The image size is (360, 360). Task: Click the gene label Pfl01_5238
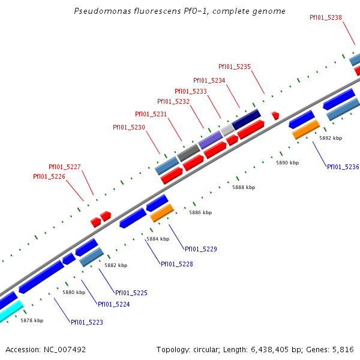click(x=326, y=17)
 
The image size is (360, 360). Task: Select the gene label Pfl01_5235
click(x=235, y=67)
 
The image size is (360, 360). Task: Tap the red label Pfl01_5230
click(x=129, y=127)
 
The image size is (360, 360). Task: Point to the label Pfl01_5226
click(x=49, y=176)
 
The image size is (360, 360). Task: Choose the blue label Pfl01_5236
click(x=343, y=167)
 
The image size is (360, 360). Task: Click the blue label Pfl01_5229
click(x=200, y=249)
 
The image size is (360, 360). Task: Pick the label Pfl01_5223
click(x=87, y=322)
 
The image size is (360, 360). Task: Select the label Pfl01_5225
click(x=131, y=293)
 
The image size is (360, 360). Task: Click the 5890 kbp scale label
click(x=287, y=163)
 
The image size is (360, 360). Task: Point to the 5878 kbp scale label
click(x=32, y=320)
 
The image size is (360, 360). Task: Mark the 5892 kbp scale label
click(x=331, y=138)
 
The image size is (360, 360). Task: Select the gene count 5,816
click(x=343, y=349)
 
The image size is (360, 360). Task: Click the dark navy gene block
click(x=246, y=119)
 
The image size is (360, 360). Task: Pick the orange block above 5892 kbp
click(x=306, y=129)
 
